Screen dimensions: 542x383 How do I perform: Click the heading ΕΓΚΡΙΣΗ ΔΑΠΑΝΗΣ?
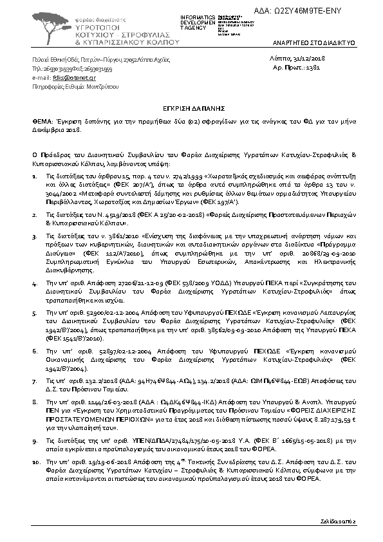coord(192,110)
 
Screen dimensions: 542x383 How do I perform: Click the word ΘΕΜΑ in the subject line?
coord(42,120)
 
